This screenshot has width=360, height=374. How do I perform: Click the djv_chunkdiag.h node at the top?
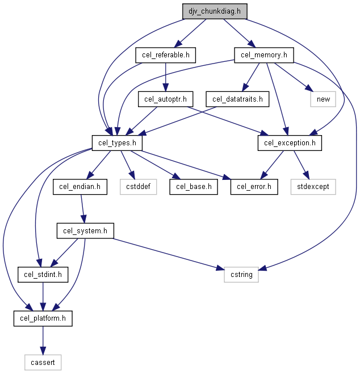pos(215,11)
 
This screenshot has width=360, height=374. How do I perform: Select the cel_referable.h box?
pos(166,55)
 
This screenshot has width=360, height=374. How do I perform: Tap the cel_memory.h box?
pos(264,55)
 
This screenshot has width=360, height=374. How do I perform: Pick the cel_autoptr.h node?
pos(165,99)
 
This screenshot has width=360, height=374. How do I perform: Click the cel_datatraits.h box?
pos(237,99)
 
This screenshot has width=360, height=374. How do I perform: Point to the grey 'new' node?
pos(323,99)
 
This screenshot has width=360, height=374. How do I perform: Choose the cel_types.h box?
pos(117,143)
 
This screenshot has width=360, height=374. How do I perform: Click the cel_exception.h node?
pos(290,143)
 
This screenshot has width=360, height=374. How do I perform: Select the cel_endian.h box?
pos(80,187)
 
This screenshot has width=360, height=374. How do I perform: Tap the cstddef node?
pos(139,187)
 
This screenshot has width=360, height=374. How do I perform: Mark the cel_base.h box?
pos(194,187)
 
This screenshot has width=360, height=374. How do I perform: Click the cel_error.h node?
pos(254,187)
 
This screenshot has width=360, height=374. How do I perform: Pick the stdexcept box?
pos(313,187)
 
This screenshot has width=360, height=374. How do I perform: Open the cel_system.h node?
pos(85,230)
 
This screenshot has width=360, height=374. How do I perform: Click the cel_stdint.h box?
pos(43,275)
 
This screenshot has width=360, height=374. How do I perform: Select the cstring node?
pos(241,275)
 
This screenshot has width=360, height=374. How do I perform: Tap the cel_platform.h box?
pos(43,318)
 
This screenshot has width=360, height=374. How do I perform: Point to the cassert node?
pos(43,362)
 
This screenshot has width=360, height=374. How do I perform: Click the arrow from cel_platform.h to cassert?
pos(43,341)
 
